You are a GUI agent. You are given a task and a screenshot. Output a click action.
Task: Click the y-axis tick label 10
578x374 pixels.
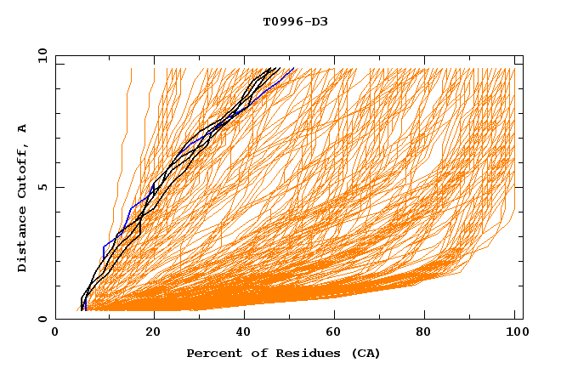[40, 55]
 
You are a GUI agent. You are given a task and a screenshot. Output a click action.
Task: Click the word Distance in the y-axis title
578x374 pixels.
[23, 241]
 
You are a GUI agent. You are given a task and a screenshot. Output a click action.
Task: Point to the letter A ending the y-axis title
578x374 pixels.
[23, 127]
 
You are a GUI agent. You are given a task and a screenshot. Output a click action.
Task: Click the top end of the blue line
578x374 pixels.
[293, 69]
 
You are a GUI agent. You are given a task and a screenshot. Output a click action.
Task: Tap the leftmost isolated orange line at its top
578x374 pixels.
[131, 69]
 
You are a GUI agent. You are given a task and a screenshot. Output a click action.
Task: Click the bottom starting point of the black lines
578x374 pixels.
[82, 309]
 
